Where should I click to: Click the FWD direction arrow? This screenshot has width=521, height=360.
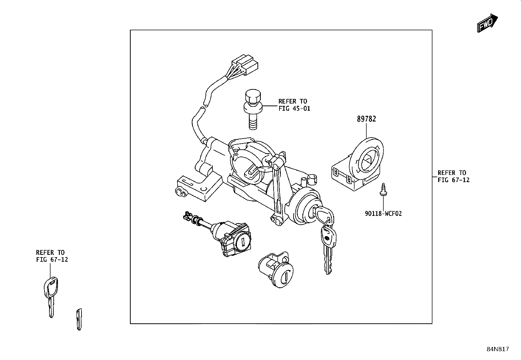pyautogui.click(x=487, y=23)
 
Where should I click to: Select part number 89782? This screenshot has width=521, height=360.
pyautogui.click(x=366, y=119)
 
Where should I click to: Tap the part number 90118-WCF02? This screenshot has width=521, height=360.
pyautogui.click(x=383, y=214)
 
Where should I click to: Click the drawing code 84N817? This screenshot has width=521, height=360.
pyautogui.click(x=498, y=349)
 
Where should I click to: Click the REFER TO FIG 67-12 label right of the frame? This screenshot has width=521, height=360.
pyautogui.click(x=454, y=176)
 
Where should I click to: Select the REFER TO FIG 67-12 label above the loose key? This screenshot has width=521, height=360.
pyautogui.click(x=52, y=256)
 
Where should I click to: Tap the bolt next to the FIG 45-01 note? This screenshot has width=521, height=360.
pyautogui.click(x=253, y=109)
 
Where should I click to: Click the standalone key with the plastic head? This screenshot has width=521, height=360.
pyautogui.click(x=51, y=297)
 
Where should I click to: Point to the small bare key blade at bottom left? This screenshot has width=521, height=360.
pyautogui.click(x=79, y=319)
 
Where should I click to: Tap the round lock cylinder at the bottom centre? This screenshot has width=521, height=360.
pyautogui.click(x=276, y=269)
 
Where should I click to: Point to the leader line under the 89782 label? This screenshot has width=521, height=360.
pyautogui.click(x=366, y=131)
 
